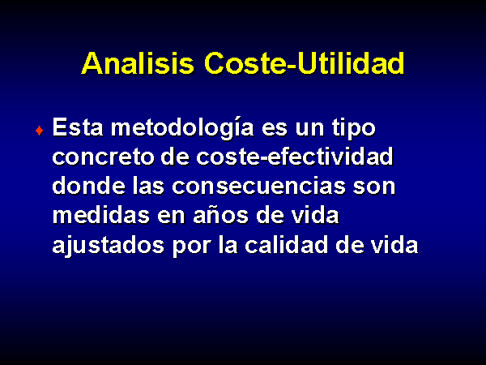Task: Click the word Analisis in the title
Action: [138, 63]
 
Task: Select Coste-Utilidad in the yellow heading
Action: [304, 63]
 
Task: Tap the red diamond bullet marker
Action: [40, 131]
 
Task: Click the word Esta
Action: [78, 127]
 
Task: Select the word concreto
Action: [103, 157]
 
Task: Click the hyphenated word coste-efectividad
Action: [295, 156]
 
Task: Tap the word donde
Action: [88, 186]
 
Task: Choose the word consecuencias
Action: [258, 186]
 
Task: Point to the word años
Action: [220, 215]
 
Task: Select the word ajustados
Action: [109, 246]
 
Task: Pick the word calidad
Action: [286, 244]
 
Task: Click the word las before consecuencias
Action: [148, 186]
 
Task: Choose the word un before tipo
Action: [309, 128]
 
